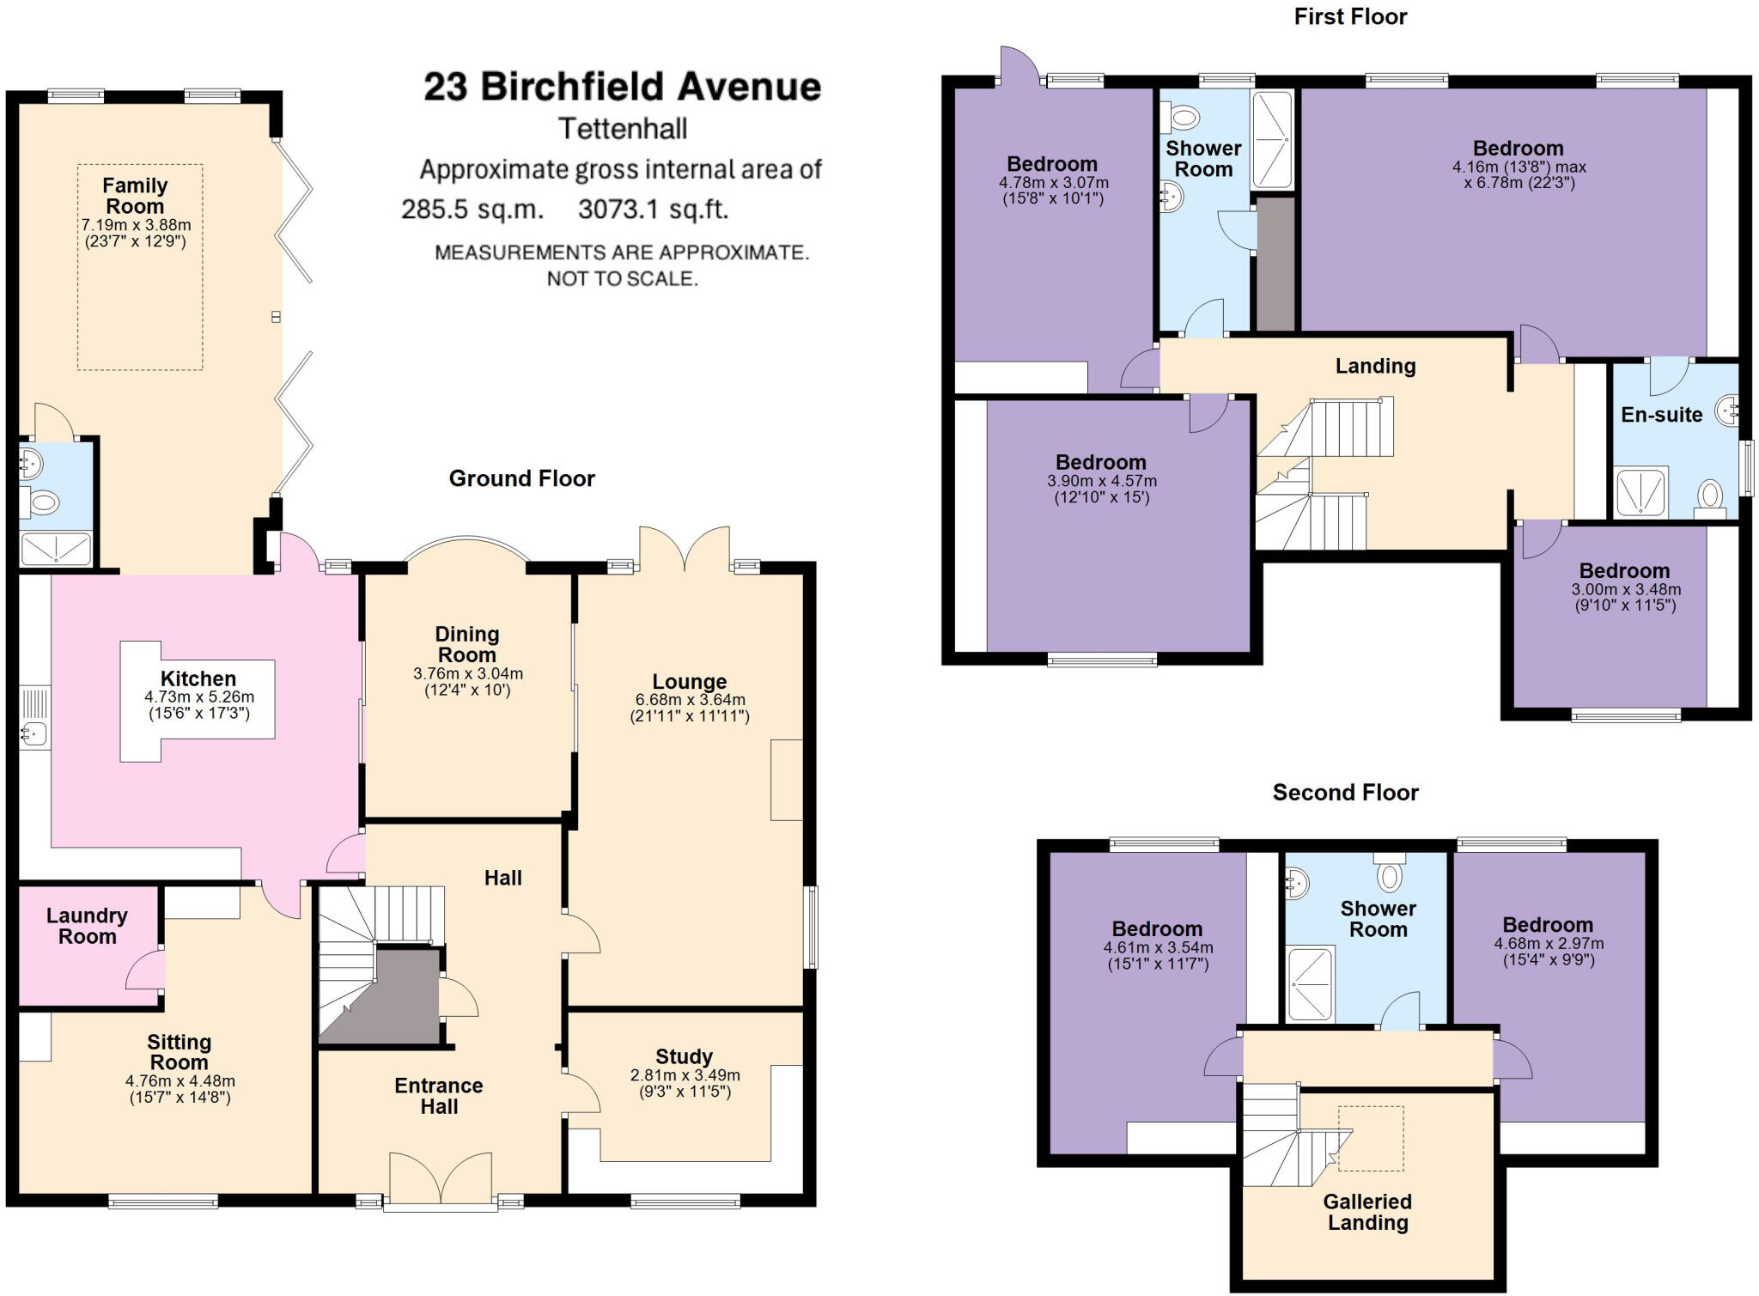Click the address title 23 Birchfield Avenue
click(622, 87)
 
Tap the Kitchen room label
click(198, 678)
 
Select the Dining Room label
click(467, 644)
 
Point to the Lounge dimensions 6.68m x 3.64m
click(690, 700)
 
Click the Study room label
click(684, 1056)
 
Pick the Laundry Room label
click(87, 926)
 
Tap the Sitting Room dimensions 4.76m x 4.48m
click(180, 1081)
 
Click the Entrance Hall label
click(439, 1096)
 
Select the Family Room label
click(135, 196)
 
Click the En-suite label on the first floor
click(1661, 415)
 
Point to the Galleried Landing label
click(1367, 1212)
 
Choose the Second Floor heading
click(1345, 792)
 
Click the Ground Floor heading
click(521, 478)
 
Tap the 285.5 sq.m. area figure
click(472, 209)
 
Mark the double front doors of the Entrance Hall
click(441, 1179)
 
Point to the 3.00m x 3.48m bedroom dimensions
click(1626, 590)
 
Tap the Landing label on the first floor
click(1375, 366)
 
